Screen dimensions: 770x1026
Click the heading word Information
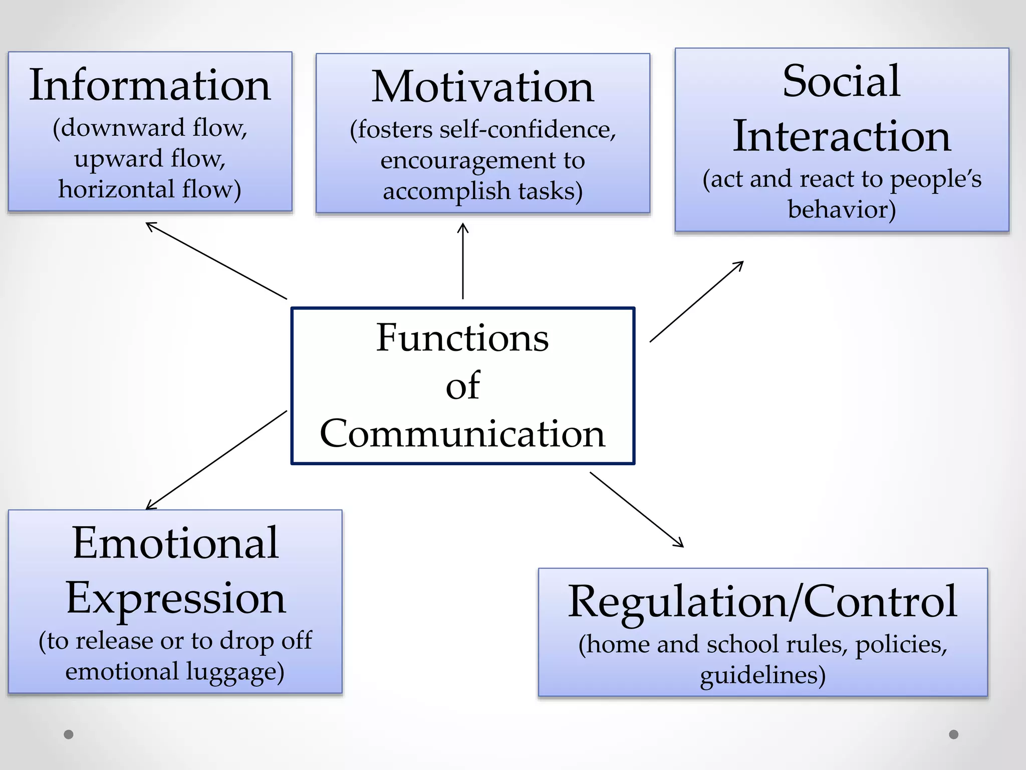tap(150, 85)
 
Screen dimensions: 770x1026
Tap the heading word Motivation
tap(482, 87)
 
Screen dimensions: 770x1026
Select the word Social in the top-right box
tap(841, 81)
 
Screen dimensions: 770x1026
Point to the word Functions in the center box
tap(462, 338)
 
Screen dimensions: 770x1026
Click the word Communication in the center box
tap(462, 434)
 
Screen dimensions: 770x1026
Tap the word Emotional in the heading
tap(175, 543)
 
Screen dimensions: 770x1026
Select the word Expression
tap(175, 598)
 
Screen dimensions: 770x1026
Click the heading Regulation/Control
tap(762, 602)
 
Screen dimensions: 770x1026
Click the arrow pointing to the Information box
tap(216, 261)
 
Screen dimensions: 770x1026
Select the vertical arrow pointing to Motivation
tap(463, 261)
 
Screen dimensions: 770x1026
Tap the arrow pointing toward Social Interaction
tap(696, 302)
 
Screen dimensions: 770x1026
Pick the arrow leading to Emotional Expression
tap(216, 460)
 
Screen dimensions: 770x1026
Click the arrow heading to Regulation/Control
tap(637, 509)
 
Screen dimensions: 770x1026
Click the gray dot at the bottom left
tap(69, 734)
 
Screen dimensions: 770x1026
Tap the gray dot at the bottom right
tap(954, 734)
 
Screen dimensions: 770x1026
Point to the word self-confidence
tap(525, 130)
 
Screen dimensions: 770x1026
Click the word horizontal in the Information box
tap(116, 189)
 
